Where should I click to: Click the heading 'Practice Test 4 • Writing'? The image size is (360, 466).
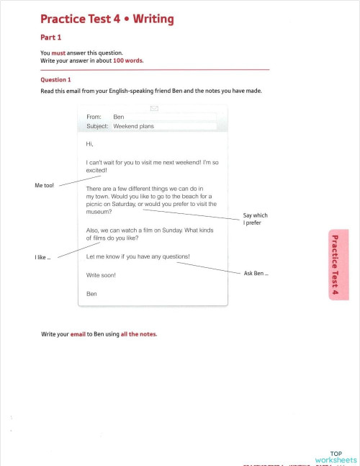107,19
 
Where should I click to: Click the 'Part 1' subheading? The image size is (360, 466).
50,37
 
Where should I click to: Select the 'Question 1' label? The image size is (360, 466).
55,80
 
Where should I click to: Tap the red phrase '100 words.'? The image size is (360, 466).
128,61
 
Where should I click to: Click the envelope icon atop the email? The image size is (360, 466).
153,109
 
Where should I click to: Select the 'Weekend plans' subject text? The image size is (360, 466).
133,126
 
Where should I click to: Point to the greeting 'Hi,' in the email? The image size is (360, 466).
89,143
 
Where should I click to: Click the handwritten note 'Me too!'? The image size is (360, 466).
44,186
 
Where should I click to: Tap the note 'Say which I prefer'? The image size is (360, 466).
255,219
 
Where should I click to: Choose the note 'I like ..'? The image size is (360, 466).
42,257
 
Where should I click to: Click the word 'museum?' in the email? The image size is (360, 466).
99,212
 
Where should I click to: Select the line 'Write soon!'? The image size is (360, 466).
100,275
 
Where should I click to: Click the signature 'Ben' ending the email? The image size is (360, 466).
91,293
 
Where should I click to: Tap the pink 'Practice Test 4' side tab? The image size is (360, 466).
335,264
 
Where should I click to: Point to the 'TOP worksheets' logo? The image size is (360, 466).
338,457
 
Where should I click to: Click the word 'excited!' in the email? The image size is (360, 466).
96,171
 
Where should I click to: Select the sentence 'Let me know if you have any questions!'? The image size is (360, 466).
138,256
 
